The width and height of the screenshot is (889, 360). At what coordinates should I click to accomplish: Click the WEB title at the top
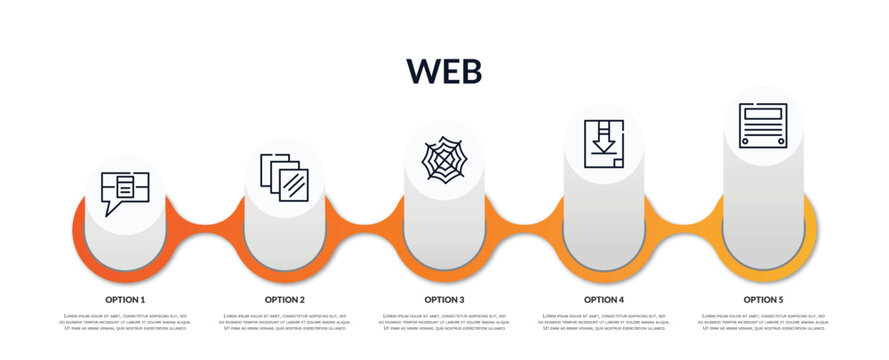[444, 71]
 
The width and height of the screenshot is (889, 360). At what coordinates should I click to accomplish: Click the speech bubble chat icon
[125, 191]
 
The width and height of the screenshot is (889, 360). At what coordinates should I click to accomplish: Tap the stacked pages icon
[284, 177]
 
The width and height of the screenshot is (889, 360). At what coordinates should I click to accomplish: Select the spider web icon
[444, 159]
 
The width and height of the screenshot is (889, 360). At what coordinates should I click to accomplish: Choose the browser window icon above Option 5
[763, 125]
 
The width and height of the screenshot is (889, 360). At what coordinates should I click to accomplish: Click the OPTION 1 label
[125, 299]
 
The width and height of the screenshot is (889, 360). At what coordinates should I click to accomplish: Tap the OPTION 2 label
[285, 299]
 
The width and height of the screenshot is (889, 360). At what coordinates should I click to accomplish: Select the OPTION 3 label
[444, 299]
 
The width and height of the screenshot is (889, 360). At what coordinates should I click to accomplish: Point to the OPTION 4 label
[604, 299]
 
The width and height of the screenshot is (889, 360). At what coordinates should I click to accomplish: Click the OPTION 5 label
[763, 299]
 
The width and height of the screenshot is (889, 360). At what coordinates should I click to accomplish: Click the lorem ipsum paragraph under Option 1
[125, 322]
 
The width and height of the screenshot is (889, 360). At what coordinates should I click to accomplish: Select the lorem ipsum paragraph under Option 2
[285, 322]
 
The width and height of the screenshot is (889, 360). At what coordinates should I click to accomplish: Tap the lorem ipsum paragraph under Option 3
[444, 322]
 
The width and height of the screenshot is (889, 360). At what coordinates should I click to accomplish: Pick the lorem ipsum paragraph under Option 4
[604, 322]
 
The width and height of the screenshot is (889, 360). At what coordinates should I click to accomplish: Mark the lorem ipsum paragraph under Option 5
[763, 322]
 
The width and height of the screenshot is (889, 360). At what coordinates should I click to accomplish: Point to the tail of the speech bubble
[110, 210]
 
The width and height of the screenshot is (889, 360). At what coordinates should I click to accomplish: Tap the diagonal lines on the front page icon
[294, 185]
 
